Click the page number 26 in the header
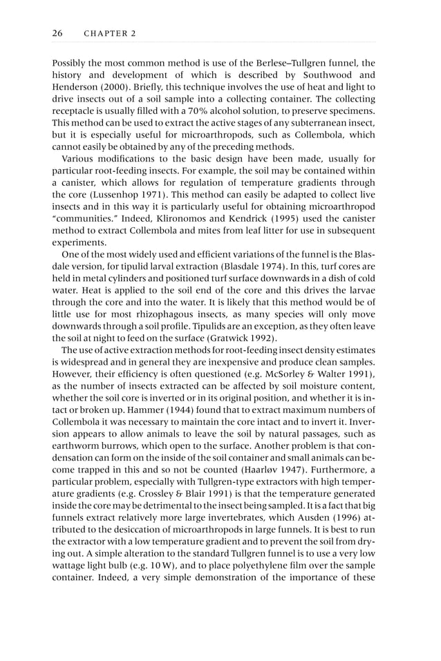click(58, 33)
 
